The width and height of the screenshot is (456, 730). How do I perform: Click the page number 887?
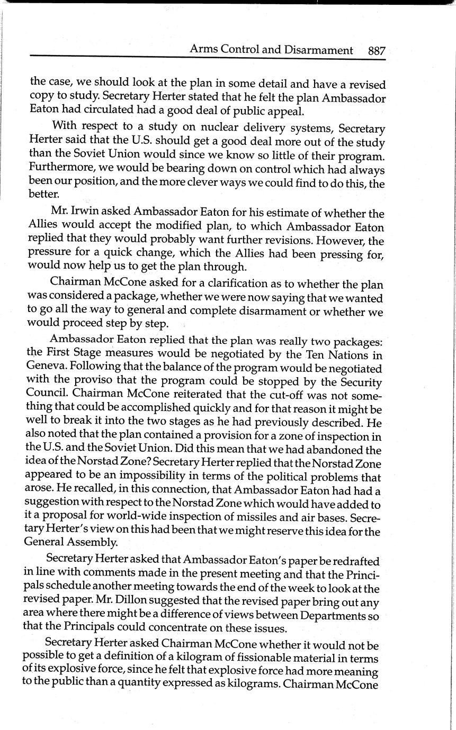pyautogui.click(x=376, y=50)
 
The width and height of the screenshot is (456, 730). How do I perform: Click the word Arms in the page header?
pyautogui.click(x=201, y=50)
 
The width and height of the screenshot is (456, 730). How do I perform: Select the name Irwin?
pyautogui.click(x=84, y=214)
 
